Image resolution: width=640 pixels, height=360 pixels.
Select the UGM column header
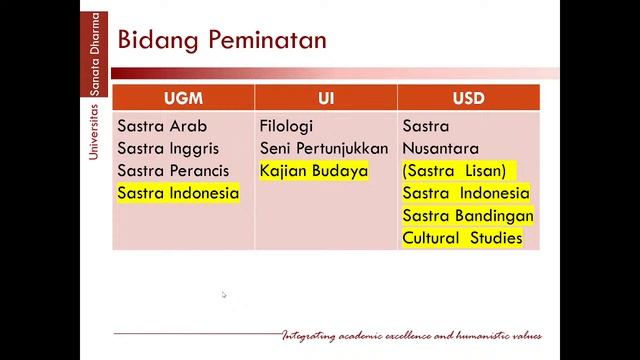[x=183, y=97]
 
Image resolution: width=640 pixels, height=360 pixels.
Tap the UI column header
[x=326, y=97]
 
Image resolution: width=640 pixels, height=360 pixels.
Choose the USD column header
[x=468, y=97]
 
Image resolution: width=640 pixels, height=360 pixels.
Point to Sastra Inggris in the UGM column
[x=171, y=149]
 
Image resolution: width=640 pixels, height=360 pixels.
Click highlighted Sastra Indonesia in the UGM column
[x=178, y=193]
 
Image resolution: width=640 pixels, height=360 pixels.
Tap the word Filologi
[x=286, y=127]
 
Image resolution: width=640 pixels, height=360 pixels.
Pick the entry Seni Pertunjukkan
[x=323, y=149]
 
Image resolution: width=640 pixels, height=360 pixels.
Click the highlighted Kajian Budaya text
[x=313, y=171]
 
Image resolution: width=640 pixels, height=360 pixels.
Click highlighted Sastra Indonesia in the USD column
[x=466, y=193]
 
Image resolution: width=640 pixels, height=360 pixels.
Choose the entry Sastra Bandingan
[x=468, y=216]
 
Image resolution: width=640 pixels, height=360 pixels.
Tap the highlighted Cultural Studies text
[x=462, y=238]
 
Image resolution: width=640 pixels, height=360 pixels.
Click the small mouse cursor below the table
[x=224, y=295]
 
